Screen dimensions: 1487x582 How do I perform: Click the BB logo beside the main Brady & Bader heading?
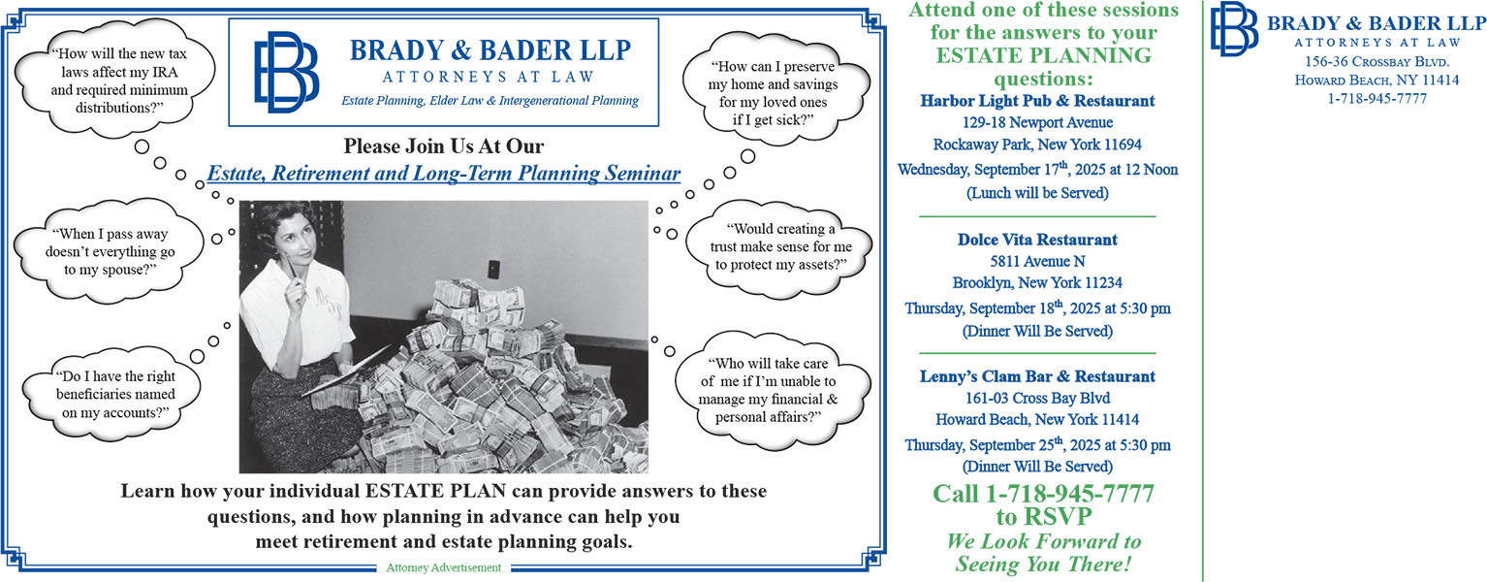[286, 72]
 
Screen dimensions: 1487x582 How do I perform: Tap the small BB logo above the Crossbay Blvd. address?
[1234, 28]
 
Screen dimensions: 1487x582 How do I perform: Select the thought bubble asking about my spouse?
[109, 251]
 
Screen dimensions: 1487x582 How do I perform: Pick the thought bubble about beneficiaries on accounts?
[112, 394]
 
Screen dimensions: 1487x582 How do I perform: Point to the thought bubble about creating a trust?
[779, 246]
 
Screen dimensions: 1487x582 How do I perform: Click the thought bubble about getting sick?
[775, 92]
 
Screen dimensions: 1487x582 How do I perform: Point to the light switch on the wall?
[494, 269]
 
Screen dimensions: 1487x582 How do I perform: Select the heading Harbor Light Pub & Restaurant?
[1037, 101]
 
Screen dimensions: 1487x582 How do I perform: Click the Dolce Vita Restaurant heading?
[1037, 240]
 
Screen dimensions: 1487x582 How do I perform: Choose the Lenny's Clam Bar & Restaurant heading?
[1037, 376]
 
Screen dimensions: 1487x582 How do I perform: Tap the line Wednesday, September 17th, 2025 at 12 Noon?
[1037, 169]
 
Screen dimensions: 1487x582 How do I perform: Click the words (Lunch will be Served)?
[1037, 193]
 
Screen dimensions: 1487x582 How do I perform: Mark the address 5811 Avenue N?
[1037, 261]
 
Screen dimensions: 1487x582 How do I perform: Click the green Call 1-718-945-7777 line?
[1044, 494]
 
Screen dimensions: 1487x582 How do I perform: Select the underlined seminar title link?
[443, 174]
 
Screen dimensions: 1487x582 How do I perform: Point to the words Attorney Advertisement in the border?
[443, 567]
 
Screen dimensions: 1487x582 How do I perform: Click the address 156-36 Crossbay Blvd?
[1376, 62]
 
